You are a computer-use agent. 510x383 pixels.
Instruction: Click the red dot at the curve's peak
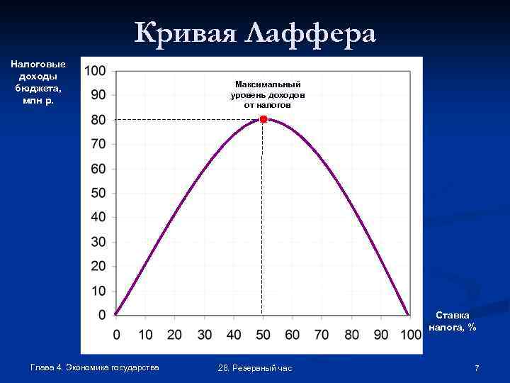point(263,119)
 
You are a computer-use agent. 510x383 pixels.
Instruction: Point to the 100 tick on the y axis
point(95,70)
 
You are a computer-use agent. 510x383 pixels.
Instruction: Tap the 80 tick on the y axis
point(98,120)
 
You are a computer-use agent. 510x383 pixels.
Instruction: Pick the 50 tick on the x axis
point(262,334)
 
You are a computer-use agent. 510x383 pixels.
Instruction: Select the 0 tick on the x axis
point(116,334)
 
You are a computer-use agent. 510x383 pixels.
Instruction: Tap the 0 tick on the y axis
point(102,315)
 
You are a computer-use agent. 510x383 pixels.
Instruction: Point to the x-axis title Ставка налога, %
point(453,321)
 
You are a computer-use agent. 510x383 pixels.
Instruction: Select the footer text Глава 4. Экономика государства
point(95,367)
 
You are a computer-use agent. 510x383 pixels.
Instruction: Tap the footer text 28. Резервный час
point(255,367)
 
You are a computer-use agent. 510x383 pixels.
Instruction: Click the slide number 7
point(477,367)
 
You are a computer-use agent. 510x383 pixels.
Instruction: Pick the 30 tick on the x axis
point(204,334)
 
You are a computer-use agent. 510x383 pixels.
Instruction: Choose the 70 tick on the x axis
point(321,334)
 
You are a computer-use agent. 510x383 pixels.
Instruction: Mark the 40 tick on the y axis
point(98,217)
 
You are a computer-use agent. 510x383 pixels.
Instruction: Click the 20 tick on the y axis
point(98,266)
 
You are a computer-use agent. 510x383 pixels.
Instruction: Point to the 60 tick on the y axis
point(98,169)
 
